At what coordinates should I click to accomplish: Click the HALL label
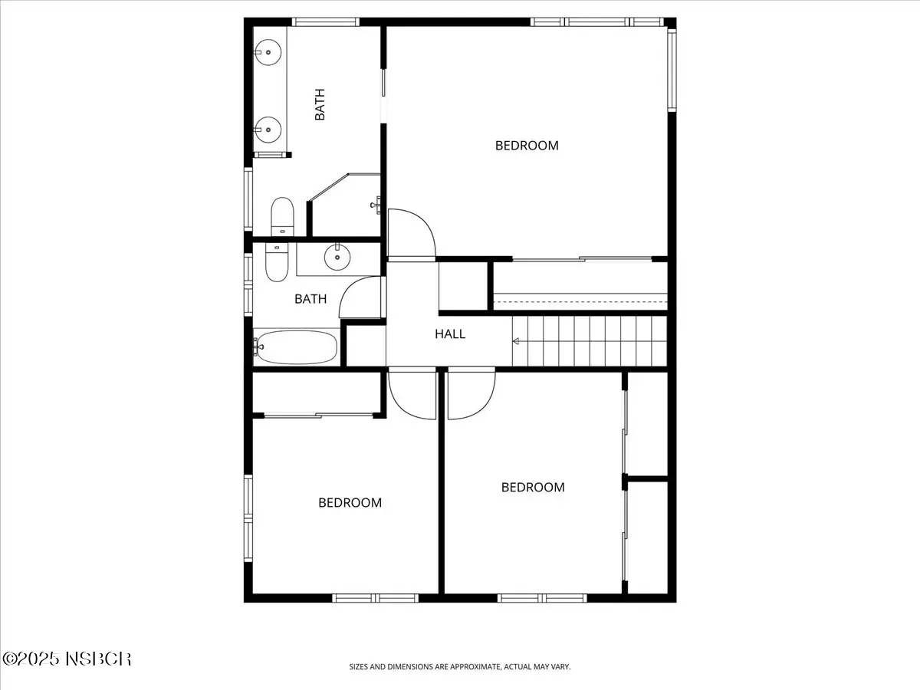450,334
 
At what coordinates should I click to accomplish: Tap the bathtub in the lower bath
295,347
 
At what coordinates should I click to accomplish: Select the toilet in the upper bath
282,217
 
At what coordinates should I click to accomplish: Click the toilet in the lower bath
277,263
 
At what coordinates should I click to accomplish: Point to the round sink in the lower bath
337,257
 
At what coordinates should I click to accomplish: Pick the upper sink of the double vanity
268,52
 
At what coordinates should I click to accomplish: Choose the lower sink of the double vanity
268,130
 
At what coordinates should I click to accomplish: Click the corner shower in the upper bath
344,205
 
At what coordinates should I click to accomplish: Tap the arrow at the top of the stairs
517,341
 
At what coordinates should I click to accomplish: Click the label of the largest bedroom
527,146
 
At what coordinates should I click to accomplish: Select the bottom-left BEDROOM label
350,502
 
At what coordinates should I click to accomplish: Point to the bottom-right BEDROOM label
533,487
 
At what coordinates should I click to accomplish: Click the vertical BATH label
320,104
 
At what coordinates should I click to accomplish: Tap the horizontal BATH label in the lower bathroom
310,299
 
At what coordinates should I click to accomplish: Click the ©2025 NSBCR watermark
67,659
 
